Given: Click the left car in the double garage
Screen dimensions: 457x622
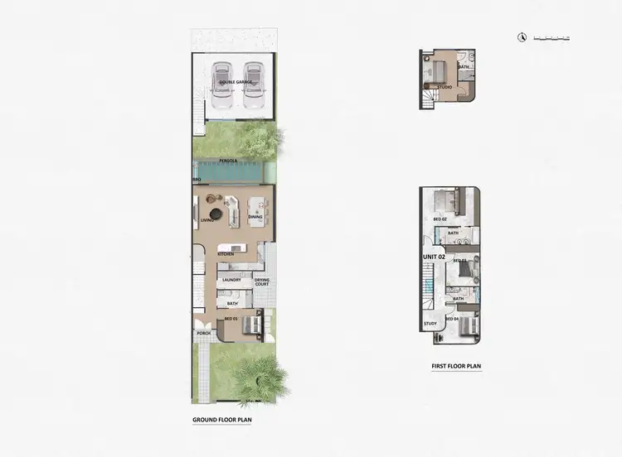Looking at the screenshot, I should click(x=221, y=86).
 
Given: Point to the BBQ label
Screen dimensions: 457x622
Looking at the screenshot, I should click(x=197, y=179).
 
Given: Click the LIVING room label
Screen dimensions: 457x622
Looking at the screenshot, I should click(x=208, y=220).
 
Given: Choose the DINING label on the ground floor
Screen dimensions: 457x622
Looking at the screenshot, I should click(x=255, y=217).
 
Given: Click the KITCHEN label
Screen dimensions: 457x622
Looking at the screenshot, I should click(x=226, y=254).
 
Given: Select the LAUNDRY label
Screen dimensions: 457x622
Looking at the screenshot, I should click(x=231, y=280).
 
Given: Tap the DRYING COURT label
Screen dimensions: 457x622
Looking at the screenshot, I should click(x=261, y=282).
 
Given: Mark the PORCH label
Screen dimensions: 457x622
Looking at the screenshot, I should click(x=202, y=334).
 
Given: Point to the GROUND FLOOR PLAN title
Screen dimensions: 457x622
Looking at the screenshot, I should click(x=221, y=420).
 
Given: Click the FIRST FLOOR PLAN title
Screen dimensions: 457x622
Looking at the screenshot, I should click(x=456, y=365).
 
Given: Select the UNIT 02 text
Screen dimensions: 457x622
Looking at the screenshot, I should click(x=435, y=257).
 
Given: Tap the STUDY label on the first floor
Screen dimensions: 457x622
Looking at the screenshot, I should click(x=430, y=324).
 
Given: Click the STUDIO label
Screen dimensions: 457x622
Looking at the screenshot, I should click(x=445, y=87).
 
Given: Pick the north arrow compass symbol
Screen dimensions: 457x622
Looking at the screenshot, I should click(x=522, y=36).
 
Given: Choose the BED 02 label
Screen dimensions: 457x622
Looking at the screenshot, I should click(x=440, y=219).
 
